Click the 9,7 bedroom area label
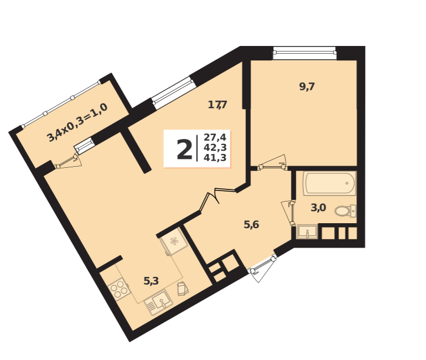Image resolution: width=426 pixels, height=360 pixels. click(306, 87)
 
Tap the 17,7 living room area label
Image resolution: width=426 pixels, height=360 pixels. click(217, 105)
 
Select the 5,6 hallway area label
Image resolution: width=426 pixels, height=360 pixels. click(251, 225)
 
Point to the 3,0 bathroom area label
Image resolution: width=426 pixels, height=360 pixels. click(318, 208)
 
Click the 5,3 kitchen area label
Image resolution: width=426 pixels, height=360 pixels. click(151, 281)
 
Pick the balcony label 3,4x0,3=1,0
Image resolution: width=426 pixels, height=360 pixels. click(77, 122)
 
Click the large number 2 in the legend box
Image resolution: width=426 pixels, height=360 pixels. click(184, 150)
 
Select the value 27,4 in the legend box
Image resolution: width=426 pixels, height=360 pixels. click(215, 137)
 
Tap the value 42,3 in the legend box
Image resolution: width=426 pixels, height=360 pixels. click(215, 148)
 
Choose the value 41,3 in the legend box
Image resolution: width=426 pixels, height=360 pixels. click(215, 158)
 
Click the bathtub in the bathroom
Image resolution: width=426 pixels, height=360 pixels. click(330, 183)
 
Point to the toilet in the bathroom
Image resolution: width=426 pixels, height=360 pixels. click(345, 211)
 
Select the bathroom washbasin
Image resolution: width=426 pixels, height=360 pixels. click(307, 232)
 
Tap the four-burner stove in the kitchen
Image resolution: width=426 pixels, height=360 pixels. click(118, 289)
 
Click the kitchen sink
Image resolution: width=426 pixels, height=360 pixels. click(159, 302)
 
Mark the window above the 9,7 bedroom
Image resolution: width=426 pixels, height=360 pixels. click(304, 53)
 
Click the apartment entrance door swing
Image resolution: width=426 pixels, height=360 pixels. click(263, 269)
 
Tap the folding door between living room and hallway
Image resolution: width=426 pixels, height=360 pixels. click(217, 198)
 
